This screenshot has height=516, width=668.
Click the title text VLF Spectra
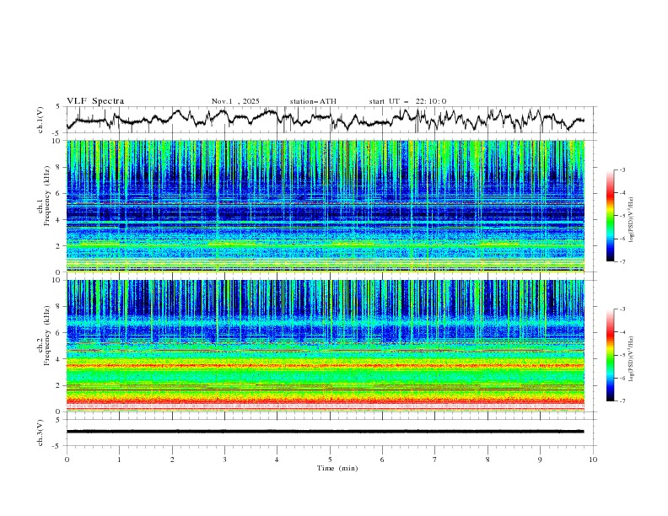pyautogui.click(x=95, y=101)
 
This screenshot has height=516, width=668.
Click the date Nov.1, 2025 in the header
pyautogui.click(x=237, y=101)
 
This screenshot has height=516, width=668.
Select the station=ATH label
pyautogui.click(x=313, y=101)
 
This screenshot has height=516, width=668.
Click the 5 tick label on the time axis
pyautogui.click(x=330, y=459)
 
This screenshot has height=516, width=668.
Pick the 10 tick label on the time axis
pyautogui.click(x=593, y=459)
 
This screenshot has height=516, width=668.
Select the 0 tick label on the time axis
pyautogui.click(x=67, y=459)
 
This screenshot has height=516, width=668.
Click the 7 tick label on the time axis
pyautogui.click(x=435, y=459)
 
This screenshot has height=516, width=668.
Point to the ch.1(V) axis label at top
pyautogui.click(x=40, y=120)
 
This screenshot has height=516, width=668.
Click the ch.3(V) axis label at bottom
pyautogui.click(x=40, y=432)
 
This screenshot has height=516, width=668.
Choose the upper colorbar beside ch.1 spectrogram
pyautogui.click(x=610, y=215)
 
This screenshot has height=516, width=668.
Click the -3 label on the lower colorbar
pyautogui.click(x=622, y=310)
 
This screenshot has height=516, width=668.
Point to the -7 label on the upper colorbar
pyautogui.click(x=622, y=261)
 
